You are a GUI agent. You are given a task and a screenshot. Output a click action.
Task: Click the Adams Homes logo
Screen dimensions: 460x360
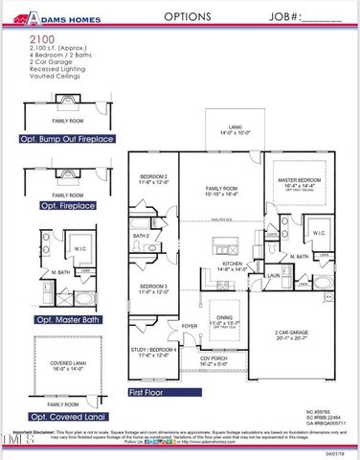pyautogui.click(x=56, y=16)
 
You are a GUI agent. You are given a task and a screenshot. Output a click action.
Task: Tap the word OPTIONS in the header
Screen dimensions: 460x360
pyautogui.click(x=182, y=16)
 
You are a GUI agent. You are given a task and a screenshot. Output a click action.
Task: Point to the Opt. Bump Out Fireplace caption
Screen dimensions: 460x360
pyautogui.click(x=67, y=139)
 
